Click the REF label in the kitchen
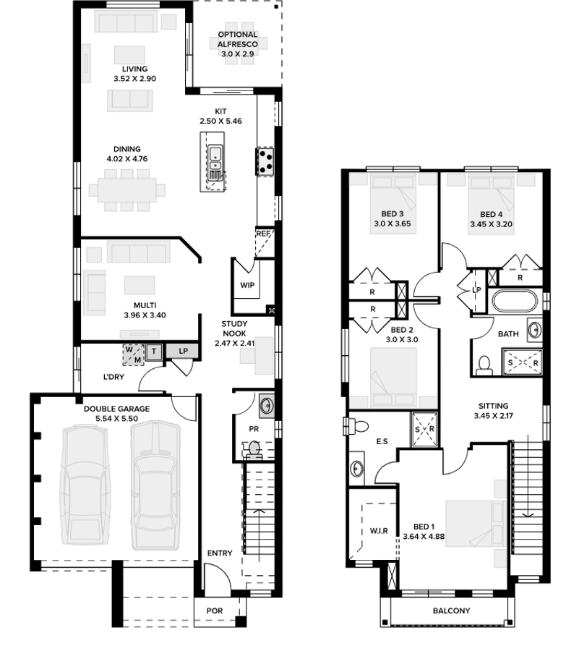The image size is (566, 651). tap(263, 234)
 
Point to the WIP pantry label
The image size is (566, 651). tap(248, 285)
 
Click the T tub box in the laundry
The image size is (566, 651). tap(153, 352)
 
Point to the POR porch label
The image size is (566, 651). tap(215, 610)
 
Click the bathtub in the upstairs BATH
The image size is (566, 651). tap(514, 301)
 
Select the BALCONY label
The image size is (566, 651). tap(451, 610)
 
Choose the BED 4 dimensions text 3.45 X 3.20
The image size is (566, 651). tap(491, 225)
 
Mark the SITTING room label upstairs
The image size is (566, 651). tap(492, 407)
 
